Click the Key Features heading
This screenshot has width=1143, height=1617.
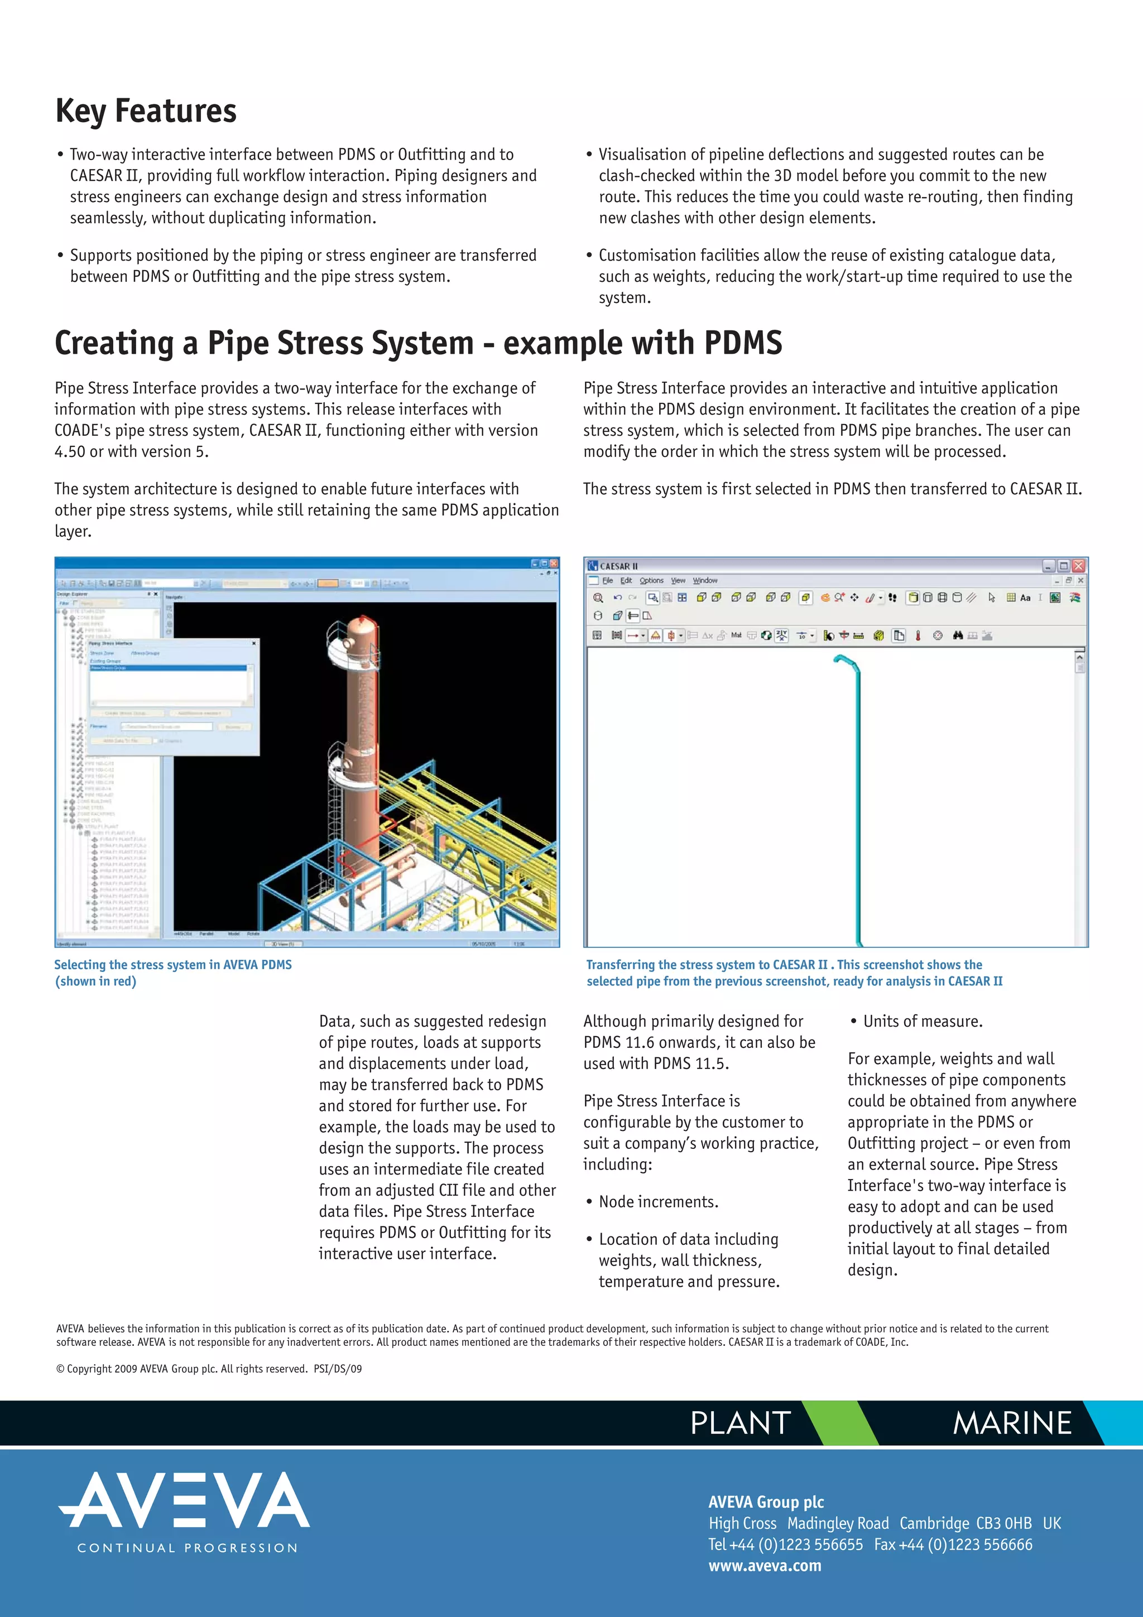146,111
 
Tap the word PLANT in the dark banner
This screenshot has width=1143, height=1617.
740,1423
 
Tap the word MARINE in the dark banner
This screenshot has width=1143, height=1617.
1012,1423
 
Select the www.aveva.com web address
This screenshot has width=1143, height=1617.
765,1566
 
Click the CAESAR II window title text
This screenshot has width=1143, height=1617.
618,566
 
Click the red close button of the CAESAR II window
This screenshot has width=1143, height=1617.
1078,566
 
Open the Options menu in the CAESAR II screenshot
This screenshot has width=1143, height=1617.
651,581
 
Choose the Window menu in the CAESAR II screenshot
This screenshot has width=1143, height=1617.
704,581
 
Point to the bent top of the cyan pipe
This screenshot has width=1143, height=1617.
845,660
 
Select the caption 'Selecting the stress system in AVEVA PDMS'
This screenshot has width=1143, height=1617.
172,965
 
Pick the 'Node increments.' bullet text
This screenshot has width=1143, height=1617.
658,1201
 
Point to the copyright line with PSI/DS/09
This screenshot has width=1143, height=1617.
209,1368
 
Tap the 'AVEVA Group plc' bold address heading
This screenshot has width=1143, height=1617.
766,1501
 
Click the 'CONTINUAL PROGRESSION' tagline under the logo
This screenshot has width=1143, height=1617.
188,1548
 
